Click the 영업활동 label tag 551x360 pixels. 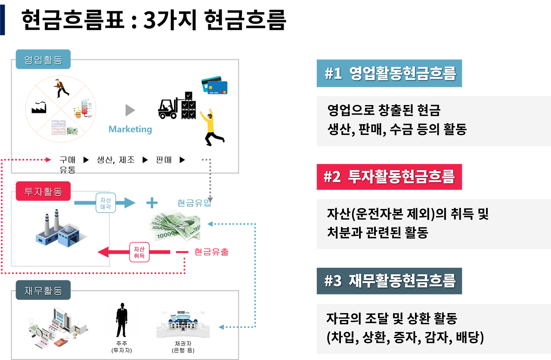point(43,59)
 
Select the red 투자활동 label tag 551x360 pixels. point(43,192)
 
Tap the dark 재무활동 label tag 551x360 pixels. point(43,291)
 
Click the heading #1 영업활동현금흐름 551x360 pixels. point(389,74)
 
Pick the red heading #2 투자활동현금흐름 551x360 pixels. point(389,177)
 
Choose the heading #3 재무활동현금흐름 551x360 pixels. point(389,281)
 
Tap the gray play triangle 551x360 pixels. point(130,110)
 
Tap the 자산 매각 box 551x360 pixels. point(105,203)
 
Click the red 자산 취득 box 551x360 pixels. point(139,252)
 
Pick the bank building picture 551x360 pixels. point(183,323)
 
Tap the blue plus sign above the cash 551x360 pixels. point(152,202)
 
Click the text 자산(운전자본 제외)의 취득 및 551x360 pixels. point(408,214)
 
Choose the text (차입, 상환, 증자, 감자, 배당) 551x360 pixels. point(405,337)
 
